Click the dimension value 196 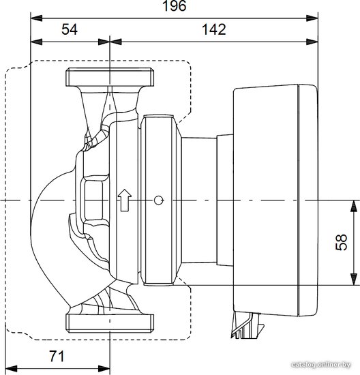pyautogui.click(x=174, y=5)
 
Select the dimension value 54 pyautogui.click(x=70, y=29)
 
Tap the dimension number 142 pyautogui.click(x=214, y=29)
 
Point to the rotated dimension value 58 pyautogui.click(x=342, y=242)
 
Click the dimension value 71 pyautogui.click(x=57, y=357)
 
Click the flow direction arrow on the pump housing pyautogui.click(x=125, y=200)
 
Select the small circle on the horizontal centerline pyautogui.click(x=158, y=200)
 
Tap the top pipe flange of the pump pyautogui.click(x=110, y=77)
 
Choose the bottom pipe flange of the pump pyautogui.click(x=110, y=323)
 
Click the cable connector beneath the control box pyautogui.click(x=247, y=325)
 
